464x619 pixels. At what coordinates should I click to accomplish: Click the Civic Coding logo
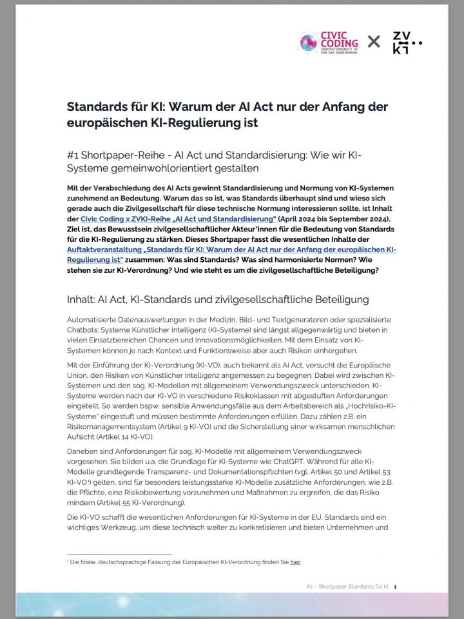pyautogui.click(x=327, y=43)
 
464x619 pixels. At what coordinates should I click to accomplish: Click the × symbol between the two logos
pyautogui.click(x=374, y=43)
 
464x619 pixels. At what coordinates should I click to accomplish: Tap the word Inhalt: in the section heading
pyautogui.click(x=82, y=300)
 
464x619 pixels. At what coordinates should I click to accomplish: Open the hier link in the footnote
pyautogui.click(x=295, y=563)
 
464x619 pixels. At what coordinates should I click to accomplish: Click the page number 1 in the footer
pyautogui.click(x=394, y=587)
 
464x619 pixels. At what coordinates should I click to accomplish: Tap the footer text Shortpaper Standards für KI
pyautogui.click(x=356, y=587)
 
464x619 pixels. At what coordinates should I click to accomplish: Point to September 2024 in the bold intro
pyautogui.click(x=351, y=219)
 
